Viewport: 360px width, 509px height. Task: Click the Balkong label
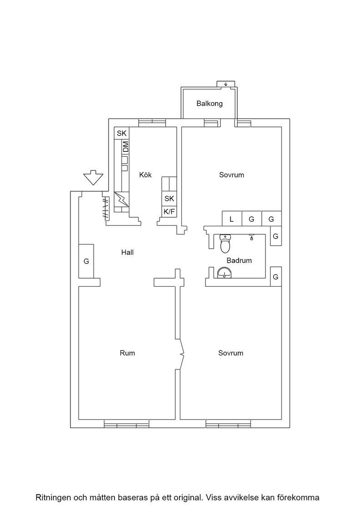pos(210,104)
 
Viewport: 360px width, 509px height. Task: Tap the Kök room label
pos(145,175)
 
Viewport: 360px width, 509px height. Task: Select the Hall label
pos(127,252)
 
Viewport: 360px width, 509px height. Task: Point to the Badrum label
pos(239,260)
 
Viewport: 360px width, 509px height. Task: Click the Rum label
pos(127,353)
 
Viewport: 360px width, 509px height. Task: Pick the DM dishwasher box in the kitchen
pos(125,147)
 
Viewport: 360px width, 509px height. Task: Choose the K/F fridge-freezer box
pos(169,212)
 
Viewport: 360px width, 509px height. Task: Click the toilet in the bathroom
pos(225,244)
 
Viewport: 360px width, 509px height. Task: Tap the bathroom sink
pos(224,273)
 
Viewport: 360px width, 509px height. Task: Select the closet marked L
pos(232,219)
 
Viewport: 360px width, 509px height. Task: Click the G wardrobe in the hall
pos(86,261)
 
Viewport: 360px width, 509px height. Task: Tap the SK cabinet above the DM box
pos(122,133)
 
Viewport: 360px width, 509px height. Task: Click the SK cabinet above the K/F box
pos(169,199)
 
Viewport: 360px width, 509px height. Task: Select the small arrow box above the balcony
pos(225,84)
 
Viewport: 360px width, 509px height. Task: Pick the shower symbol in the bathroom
pos(251,237)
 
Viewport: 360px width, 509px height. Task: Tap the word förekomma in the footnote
pos(301,498)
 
